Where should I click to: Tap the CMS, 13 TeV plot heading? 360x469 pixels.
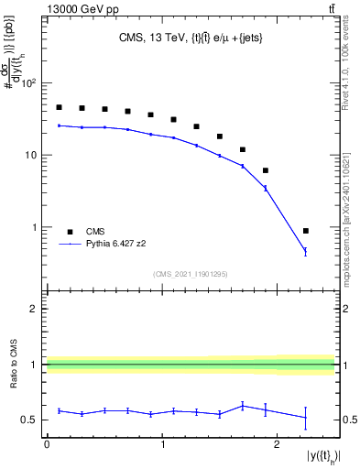(191, 38)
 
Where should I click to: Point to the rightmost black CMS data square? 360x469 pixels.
(306, 231)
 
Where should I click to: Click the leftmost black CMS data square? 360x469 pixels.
(60, 107)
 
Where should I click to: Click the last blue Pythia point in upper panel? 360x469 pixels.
(306, 251)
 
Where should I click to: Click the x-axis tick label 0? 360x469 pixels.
(47, 444)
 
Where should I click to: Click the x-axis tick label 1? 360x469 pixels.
(162, 444)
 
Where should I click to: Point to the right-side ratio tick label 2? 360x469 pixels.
(345, 310)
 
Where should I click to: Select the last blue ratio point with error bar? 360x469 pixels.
(306, 418)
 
